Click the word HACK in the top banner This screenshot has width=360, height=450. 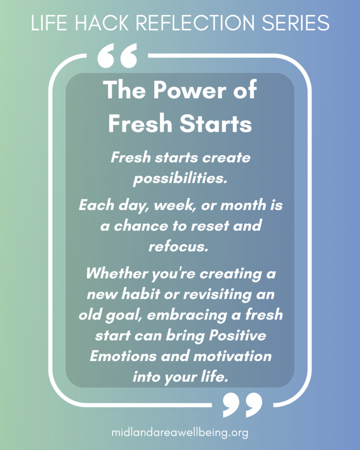(102, 22)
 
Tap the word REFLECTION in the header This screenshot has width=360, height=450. (195, 22)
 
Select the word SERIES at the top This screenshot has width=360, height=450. (295, 22)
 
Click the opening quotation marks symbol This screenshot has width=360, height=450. (117, 56)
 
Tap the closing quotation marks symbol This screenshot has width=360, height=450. (243, 405)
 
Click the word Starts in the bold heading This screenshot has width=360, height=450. (215, 123)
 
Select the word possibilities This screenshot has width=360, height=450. (180, 178)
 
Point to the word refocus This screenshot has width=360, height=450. (178, 247)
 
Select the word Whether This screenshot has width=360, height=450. (117, 273)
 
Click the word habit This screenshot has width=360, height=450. (140, 294)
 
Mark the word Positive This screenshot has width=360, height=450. (237, 335)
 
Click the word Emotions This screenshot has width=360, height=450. (124, 356)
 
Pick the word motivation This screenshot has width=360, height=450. (233, 356)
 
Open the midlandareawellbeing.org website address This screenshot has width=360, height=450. (180, 432)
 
